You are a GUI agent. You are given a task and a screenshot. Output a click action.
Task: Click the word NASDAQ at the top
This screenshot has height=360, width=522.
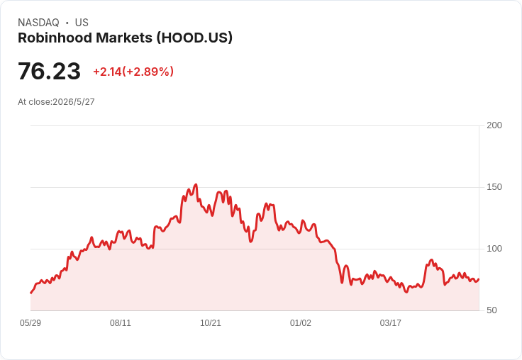pos(38,23)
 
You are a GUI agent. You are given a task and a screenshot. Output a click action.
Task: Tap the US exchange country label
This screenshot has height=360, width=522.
pos(82,23)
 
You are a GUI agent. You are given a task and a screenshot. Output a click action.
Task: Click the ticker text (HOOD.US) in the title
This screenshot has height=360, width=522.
pos(194,38)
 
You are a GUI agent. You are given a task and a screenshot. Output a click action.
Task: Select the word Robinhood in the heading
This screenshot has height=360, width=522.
pos(55,38)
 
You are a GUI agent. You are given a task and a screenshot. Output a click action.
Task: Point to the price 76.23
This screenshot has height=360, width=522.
pos(49,71)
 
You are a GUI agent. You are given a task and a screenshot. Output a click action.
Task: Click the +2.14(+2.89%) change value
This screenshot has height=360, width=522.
pos(133,72)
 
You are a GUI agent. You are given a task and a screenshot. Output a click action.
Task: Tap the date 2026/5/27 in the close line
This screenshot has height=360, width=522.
pos(74,102)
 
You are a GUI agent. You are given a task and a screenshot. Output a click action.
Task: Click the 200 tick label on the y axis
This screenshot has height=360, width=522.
pos(494,125)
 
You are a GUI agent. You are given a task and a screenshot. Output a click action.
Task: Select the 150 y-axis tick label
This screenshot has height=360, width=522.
pos(494,187)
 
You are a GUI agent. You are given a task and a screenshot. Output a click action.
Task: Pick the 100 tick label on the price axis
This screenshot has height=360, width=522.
pos(494,249)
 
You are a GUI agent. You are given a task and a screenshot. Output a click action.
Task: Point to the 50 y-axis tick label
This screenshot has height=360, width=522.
pos(492,310)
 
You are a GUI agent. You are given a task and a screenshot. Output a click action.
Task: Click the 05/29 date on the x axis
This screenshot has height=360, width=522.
pos(30,323)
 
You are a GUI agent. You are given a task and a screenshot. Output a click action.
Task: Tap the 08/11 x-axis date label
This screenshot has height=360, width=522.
pos(121,323)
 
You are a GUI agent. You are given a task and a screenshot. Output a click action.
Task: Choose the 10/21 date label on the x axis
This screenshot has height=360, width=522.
pos(211,323)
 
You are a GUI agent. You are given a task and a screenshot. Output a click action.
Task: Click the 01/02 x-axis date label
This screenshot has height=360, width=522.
pos(301,323)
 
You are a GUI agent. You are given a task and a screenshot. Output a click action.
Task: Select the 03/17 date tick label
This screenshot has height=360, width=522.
pos(391,323)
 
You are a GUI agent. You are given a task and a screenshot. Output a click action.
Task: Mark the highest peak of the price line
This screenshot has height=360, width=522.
pos(196,184)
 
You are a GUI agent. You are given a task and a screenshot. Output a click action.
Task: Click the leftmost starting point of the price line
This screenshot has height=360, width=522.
pos(30,293)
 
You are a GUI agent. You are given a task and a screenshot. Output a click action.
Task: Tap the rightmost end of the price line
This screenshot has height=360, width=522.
pos(479,279)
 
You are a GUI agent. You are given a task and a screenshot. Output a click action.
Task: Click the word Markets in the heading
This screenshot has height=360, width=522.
pos(124,38)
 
